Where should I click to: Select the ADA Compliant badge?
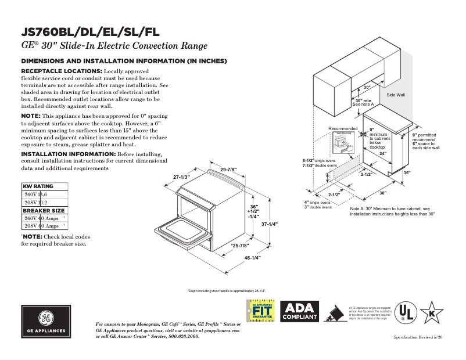coord(299,312)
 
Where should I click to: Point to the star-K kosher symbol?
coord(432,312)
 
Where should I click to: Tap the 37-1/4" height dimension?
coord(269,224)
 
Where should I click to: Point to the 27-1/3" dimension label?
coord(182,177)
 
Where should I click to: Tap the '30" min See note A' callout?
coord(364,102)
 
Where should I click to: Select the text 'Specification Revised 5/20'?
coord(418,337)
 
